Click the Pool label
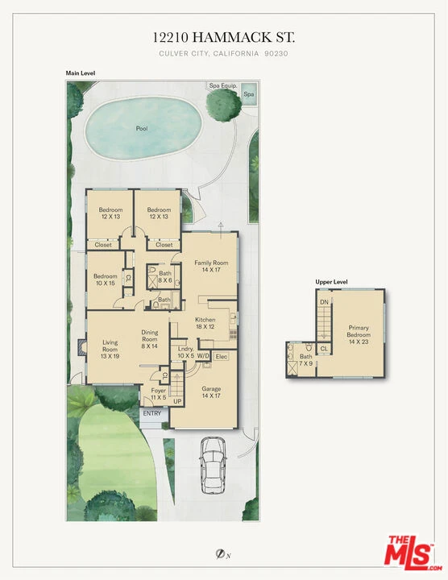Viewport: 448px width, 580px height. pyautogui.click(x=142, y=129)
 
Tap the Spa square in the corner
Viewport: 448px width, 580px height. pyautogui.click(x=248, y=93)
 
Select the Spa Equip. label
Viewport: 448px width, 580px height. pyautogui.click(x=223, y=86)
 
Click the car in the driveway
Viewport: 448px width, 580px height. pyautogui.click(x=213, y=466)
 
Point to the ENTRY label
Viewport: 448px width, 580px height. pyautogui.click(x=152, y=413)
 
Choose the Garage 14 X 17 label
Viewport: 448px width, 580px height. pyautogui.click(x=211, y=392)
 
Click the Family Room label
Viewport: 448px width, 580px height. pyautogui.click(x=211, y=263)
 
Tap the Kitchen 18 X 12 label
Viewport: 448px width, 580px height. pyautogui.click(x=205, y=323)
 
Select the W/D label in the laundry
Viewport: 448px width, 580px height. pyautogui.click(x=203, y=356)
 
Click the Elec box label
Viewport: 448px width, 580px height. pyautogui.click(x=222, y=357)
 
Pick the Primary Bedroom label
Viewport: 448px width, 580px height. pyautogui.click(x=359, y=331)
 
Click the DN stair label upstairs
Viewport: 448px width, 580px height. pyautogui.click(x=324, y=302)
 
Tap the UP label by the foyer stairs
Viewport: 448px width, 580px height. pyautogui.click(x=177, y=401)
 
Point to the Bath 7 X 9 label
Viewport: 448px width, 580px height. pyautogui.click(x=306, y=360)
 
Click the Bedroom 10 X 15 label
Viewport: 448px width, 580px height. pyautogui.click(x=105, y=280)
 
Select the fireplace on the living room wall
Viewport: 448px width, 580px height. pyautogui.click(x=81, y=348)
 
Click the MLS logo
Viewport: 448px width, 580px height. pyautogui.click(x=413, y=553)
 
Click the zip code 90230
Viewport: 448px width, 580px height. pyautogui.click(x=276, y=54)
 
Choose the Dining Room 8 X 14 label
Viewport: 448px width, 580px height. pyautogui.click(x=149, y=339)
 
